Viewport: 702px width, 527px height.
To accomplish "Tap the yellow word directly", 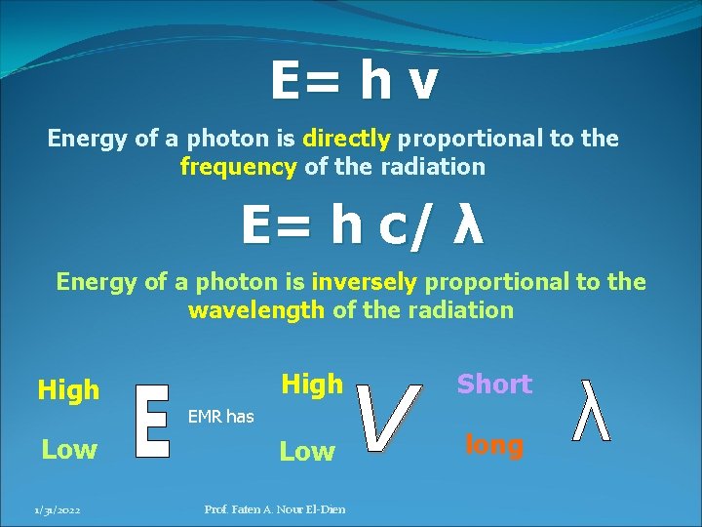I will [x=346, y=139].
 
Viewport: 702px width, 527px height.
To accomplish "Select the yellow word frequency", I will [x=238, y=167].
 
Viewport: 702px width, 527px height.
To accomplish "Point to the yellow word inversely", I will [x=364, y=282].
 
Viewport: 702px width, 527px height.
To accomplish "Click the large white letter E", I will [x=151, y=421].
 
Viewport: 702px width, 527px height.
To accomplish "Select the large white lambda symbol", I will [x=593, y=411].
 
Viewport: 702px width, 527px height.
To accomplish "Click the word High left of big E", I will [x=68, y=390].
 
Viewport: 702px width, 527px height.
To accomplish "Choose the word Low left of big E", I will [x=68, y=450].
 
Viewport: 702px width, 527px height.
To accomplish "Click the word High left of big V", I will [x=312, y=385].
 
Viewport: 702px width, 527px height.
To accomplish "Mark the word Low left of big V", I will [x=307, y=452].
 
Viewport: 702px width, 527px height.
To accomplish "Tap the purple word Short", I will [x=494, y=385].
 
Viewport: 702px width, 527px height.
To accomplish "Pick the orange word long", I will [x=494, y=445].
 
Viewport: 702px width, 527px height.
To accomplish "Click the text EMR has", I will [x=220, y=417].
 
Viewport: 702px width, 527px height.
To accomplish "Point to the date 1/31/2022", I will [x=58, y=509].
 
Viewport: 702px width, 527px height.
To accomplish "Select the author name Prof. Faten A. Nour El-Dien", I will [x=274, y=509].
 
